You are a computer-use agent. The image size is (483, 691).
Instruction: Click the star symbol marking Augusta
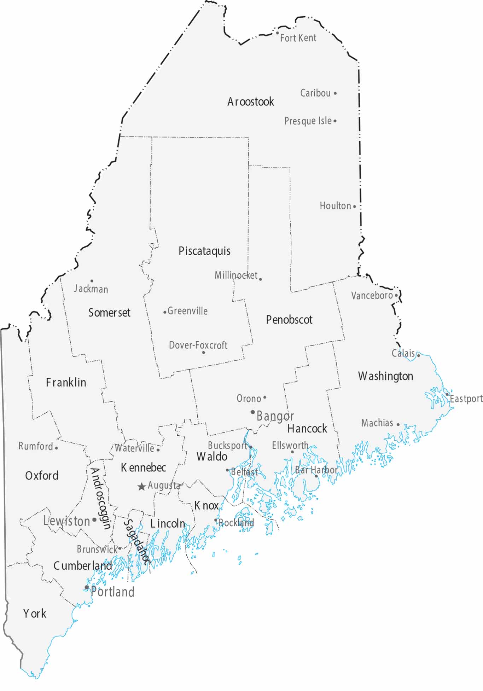click(141, 487)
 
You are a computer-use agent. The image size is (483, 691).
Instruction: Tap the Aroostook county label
click(250, 102)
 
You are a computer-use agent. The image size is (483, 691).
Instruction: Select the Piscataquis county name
click(204, 251)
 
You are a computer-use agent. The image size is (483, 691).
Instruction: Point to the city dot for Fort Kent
click(278, 33)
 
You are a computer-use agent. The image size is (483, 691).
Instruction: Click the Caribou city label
click(315, 93)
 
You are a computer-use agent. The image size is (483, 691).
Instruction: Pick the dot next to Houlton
click(355, 206)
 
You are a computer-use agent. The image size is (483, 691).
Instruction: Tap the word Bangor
click(275, 416)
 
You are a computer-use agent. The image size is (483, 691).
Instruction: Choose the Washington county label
click(385, 376)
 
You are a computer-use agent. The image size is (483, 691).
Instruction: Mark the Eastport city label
click(466, 399)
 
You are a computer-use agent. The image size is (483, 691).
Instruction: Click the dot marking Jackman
click(92, 281)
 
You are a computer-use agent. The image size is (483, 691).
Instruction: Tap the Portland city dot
click(87, 587)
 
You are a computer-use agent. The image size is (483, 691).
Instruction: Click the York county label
click(35, 614)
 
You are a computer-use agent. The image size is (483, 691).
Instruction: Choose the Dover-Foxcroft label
click(198, 345)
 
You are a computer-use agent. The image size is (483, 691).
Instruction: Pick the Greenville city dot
click(165, 312)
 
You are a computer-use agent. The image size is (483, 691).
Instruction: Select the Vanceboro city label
click(372, 295)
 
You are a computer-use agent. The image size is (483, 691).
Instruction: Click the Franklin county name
click(66, 382)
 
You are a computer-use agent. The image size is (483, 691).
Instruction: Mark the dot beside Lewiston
click(94, 520)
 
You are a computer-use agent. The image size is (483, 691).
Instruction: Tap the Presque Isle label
click(308, 121)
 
